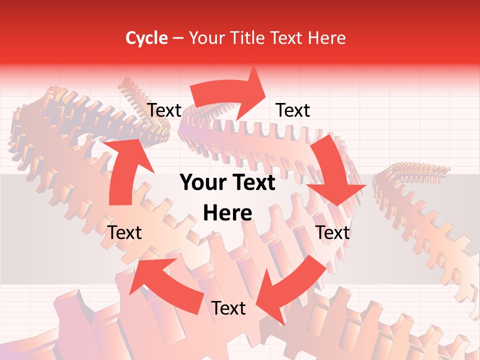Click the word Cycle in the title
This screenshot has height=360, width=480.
146,38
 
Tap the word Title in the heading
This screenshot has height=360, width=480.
248,38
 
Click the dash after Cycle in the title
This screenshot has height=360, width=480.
178,38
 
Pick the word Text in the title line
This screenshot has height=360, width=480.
287,38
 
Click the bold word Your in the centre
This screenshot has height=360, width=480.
201,183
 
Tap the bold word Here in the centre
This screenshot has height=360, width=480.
227,213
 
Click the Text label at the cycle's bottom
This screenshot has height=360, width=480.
228,308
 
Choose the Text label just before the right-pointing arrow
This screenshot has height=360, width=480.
164,110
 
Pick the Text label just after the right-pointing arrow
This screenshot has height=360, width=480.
293,110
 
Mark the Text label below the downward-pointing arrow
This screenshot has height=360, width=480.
332,232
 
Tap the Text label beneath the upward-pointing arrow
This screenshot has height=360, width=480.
124,232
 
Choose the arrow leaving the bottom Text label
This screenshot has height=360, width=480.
165,285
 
